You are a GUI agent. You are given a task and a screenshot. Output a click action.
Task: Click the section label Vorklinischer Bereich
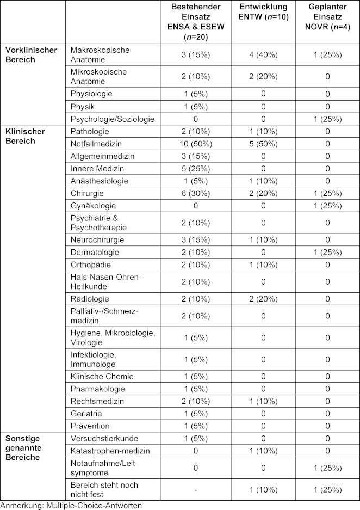point(31,54)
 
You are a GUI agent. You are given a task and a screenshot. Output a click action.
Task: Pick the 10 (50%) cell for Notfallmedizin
point(195,144)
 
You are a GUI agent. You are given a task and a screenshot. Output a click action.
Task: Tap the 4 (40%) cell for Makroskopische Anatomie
point(263,54)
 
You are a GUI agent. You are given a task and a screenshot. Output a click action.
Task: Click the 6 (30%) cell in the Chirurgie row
point(195,193)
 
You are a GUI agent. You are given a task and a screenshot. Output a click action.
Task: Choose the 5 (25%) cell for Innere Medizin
point(195,168)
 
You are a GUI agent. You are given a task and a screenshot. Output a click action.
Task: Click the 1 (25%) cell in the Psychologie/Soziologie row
point(327,119)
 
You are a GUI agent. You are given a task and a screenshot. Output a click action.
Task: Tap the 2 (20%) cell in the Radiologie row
point(263,299)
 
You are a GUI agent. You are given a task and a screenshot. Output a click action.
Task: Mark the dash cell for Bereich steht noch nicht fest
point(195,489)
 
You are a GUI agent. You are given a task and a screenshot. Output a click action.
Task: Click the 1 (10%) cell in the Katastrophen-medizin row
point(263,451)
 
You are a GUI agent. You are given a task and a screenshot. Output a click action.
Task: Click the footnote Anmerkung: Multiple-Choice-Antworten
point(71,505)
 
